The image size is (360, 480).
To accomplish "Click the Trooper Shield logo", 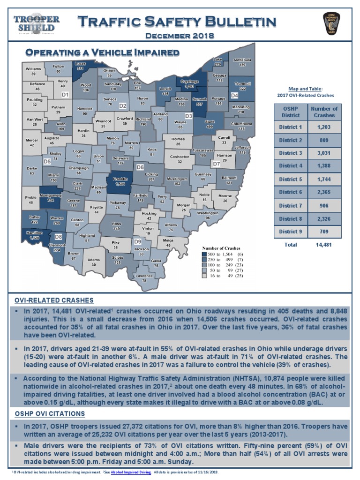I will (x=37, y=23).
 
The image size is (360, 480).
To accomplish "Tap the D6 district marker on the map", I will (x=140, y=167).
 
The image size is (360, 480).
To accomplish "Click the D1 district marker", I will (x=65, y=95).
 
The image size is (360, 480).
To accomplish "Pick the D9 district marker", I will (x=138, y=241).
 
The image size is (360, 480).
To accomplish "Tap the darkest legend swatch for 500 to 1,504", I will (x=204, y=254).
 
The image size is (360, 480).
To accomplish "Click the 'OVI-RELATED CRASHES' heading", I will (x=54, y=300).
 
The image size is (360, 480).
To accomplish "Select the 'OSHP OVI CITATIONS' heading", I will (x=50, y=413).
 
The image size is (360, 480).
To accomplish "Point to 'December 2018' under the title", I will (x=180, y=35).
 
